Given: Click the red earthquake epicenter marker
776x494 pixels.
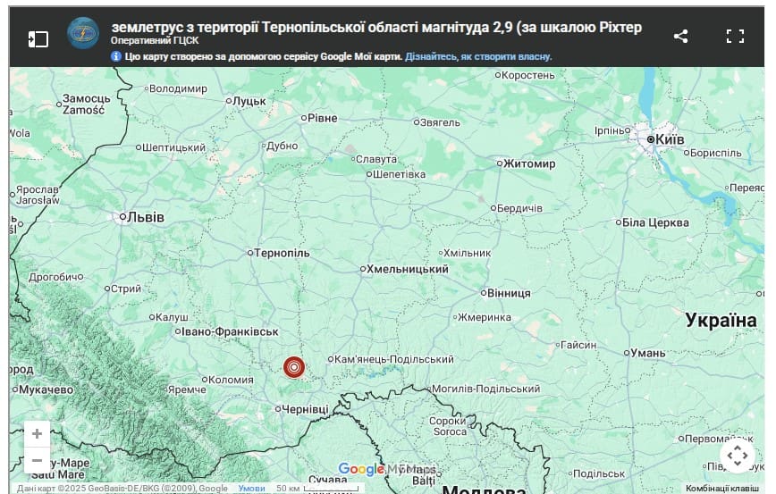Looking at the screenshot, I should pyautogui.click(x=294, y=367).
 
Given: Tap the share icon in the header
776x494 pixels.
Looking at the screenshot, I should pyautogui.click(x=680, y=37).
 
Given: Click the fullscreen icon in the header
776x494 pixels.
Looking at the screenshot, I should pyautogui.click(x=735, y=37).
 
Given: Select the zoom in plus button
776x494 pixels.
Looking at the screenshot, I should pyautogui.click(x=37, y=434).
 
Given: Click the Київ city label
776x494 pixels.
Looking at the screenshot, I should pyautogui.click(x=670, y=139).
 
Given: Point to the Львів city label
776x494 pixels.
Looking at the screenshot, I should pyautogui.click(x=146, y=216).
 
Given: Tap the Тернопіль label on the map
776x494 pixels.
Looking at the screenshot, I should pyautogui.click(x=282, y=253).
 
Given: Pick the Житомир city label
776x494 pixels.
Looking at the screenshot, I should pyautogui.click(x=529, y=163).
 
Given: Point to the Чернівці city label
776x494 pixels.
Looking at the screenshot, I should pyautogui.click(x=304, y=408).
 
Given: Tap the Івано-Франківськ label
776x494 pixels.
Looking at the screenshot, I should pyautogui.click(x=229, y=331).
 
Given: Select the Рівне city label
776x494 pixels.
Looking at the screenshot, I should pyautogui.click(x=322, y=118).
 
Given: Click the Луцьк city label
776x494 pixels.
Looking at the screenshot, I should pyautogui.click(x=249, y=101).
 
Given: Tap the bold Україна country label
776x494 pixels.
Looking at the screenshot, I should pyautogui.click(x=721, y=320).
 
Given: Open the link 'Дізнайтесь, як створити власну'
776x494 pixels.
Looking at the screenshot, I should pyautogui.click(x=478, y=56).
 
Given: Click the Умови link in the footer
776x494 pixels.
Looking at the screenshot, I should pyautogui.click(x=251, y=489).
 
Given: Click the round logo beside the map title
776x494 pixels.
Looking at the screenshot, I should pyautogui.click(x=83, y=34).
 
